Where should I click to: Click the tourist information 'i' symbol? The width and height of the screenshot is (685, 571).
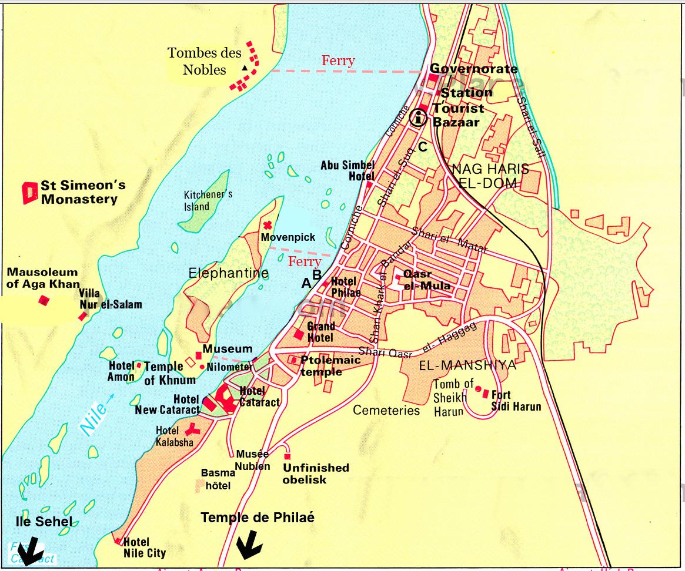pyautogui.click(x=419, y=117)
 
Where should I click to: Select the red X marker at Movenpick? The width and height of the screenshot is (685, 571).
pyautogui.click(x=268, y=225)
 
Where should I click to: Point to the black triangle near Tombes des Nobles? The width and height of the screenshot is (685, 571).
pyautogui.click(x=243, y=68)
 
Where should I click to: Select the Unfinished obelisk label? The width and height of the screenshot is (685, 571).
pyautogui.click(x=316, y=473)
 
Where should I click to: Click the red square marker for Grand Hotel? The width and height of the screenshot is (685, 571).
pyautogui.click(x=299, y=335)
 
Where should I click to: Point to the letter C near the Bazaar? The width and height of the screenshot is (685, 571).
pyautogui.click(x=423, y=146)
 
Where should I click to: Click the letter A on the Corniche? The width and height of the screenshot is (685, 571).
pyautogui.click(x=306, y=283)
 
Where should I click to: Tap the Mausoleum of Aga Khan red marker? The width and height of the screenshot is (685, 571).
pyautogui.click(x=44, y=301)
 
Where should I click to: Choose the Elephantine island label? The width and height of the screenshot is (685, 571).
pyautogui.click(x=228, y=273)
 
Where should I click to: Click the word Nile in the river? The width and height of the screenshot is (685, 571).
pyautogui.click(x=94, y=418)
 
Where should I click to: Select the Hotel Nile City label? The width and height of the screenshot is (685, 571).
pyautogui.click(x=145, y=548)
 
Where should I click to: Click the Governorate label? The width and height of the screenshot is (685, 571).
pyautogui.click(x=474, y=69)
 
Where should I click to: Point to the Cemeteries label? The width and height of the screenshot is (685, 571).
pyautogui.click(x=386, y=411)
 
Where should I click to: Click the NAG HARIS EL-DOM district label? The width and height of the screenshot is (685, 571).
pyautogui.click(x=490, y=176)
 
